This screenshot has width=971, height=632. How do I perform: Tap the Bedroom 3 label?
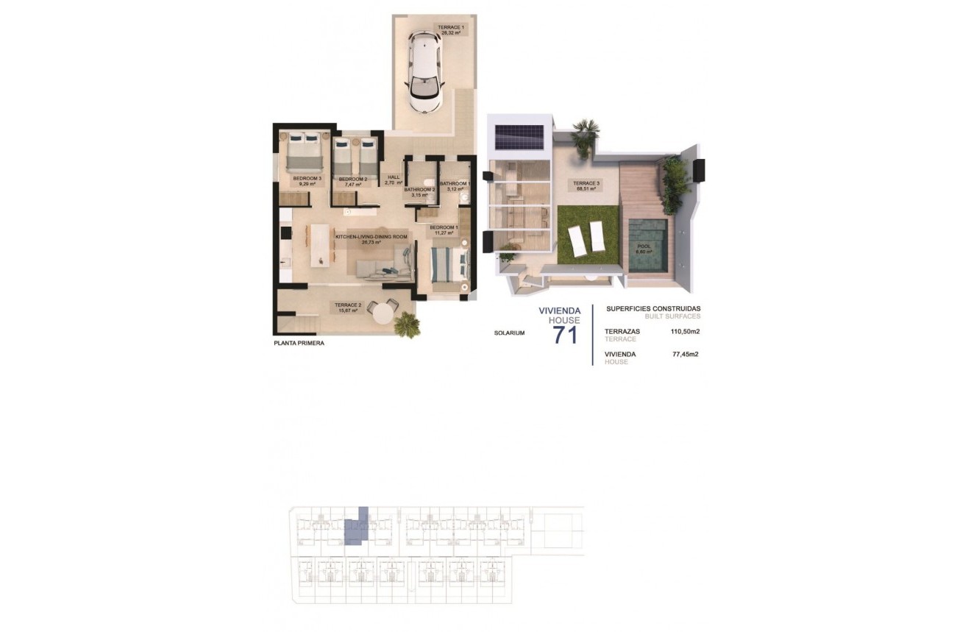click(304, 181)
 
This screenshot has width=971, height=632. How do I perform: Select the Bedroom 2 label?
click(352, 182)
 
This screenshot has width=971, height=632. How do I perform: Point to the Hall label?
click(394, 180)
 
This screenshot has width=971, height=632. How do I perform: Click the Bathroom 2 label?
click(420, 192)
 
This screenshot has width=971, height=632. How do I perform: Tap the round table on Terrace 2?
click(383, 313)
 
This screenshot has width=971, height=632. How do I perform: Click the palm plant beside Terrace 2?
click(405, 324)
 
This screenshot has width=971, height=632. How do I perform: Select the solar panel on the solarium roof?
click(519, 136)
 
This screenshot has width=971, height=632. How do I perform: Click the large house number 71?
click(565, 335)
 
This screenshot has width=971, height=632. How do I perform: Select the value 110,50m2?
click(684, 332)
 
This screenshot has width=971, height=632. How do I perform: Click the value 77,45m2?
click(686, 355)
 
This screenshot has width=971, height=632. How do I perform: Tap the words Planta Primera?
click(299, 343)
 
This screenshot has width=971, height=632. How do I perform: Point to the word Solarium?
click(510, 333)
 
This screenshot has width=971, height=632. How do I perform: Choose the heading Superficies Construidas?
click(652, 309)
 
